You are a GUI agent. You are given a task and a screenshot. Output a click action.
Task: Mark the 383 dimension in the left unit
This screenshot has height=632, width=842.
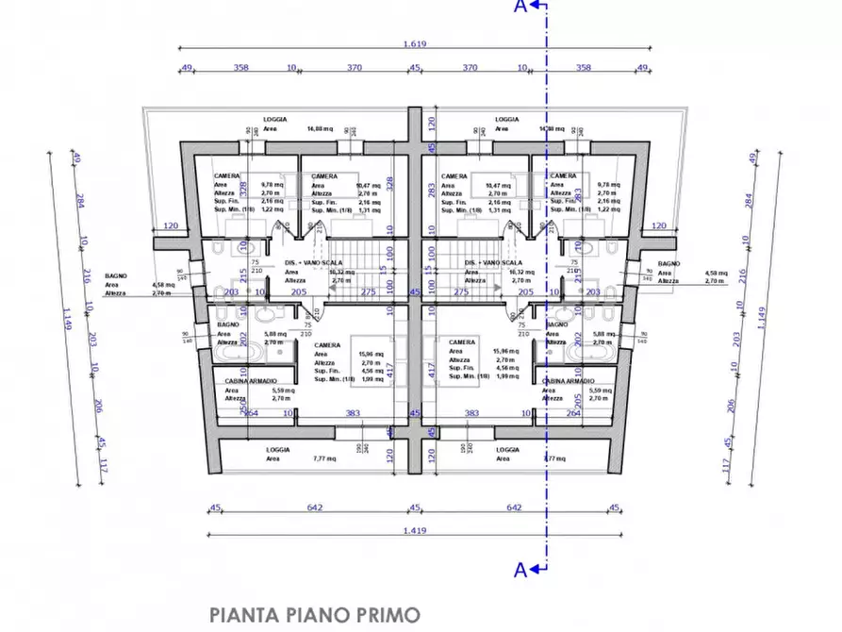point(353,413)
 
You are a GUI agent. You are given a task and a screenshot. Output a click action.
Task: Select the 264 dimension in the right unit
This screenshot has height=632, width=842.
point(572,413)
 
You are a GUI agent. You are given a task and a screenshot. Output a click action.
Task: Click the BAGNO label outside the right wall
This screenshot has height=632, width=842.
point(669,264)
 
